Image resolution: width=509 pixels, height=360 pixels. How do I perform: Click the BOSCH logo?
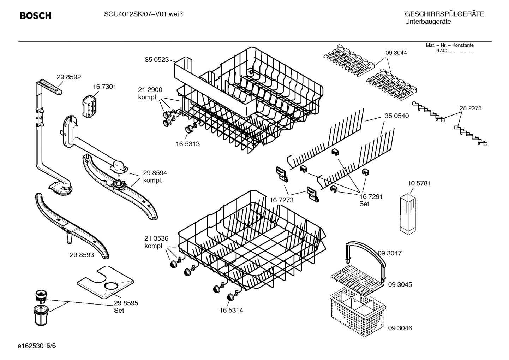[x=35, y=16]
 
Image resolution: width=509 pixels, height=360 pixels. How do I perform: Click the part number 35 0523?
[x=157, y=60]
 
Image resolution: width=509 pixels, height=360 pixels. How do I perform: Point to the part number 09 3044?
[x=396, y=53]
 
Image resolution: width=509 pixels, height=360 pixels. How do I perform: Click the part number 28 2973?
[x=470, y=108]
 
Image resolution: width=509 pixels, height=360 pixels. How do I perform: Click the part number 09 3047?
[x=390, y=253]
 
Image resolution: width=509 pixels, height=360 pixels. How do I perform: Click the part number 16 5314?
[x=231, y=311]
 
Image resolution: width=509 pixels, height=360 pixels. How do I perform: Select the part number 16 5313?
[x=188, y=144]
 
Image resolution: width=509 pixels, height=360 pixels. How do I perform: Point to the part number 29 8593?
[x=82, y=255]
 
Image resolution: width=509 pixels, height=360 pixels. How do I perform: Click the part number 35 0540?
[x=397, y=116]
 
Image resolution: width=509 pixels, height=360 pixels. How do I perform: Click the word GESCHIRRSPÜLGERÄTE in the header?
[x=444, y=14]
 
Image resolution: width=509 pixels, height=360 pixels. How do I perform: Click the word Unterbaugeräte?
[x=428, y=22]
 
